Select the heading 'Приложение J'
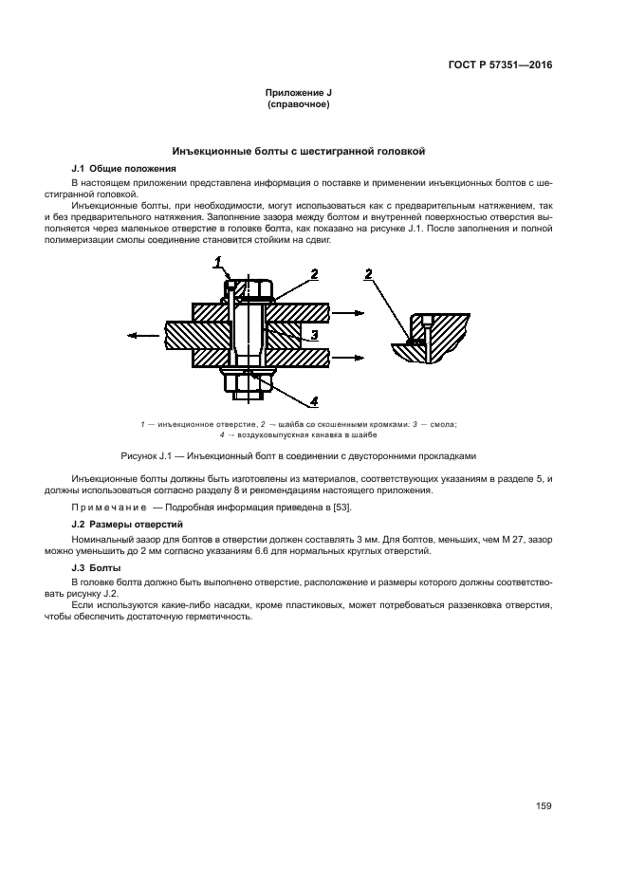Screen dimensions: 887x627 (x=299, y=93)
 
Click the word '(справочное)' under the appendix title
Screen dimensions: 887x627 (x=299, y=104)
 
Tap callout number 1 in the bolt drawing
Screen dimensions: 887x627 (x=217, y=261)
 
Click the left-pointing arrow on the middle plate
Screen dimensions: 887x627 (x=142, y=334)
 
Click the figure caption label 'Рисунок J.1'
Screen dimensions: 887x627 (x=150, y=454)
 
